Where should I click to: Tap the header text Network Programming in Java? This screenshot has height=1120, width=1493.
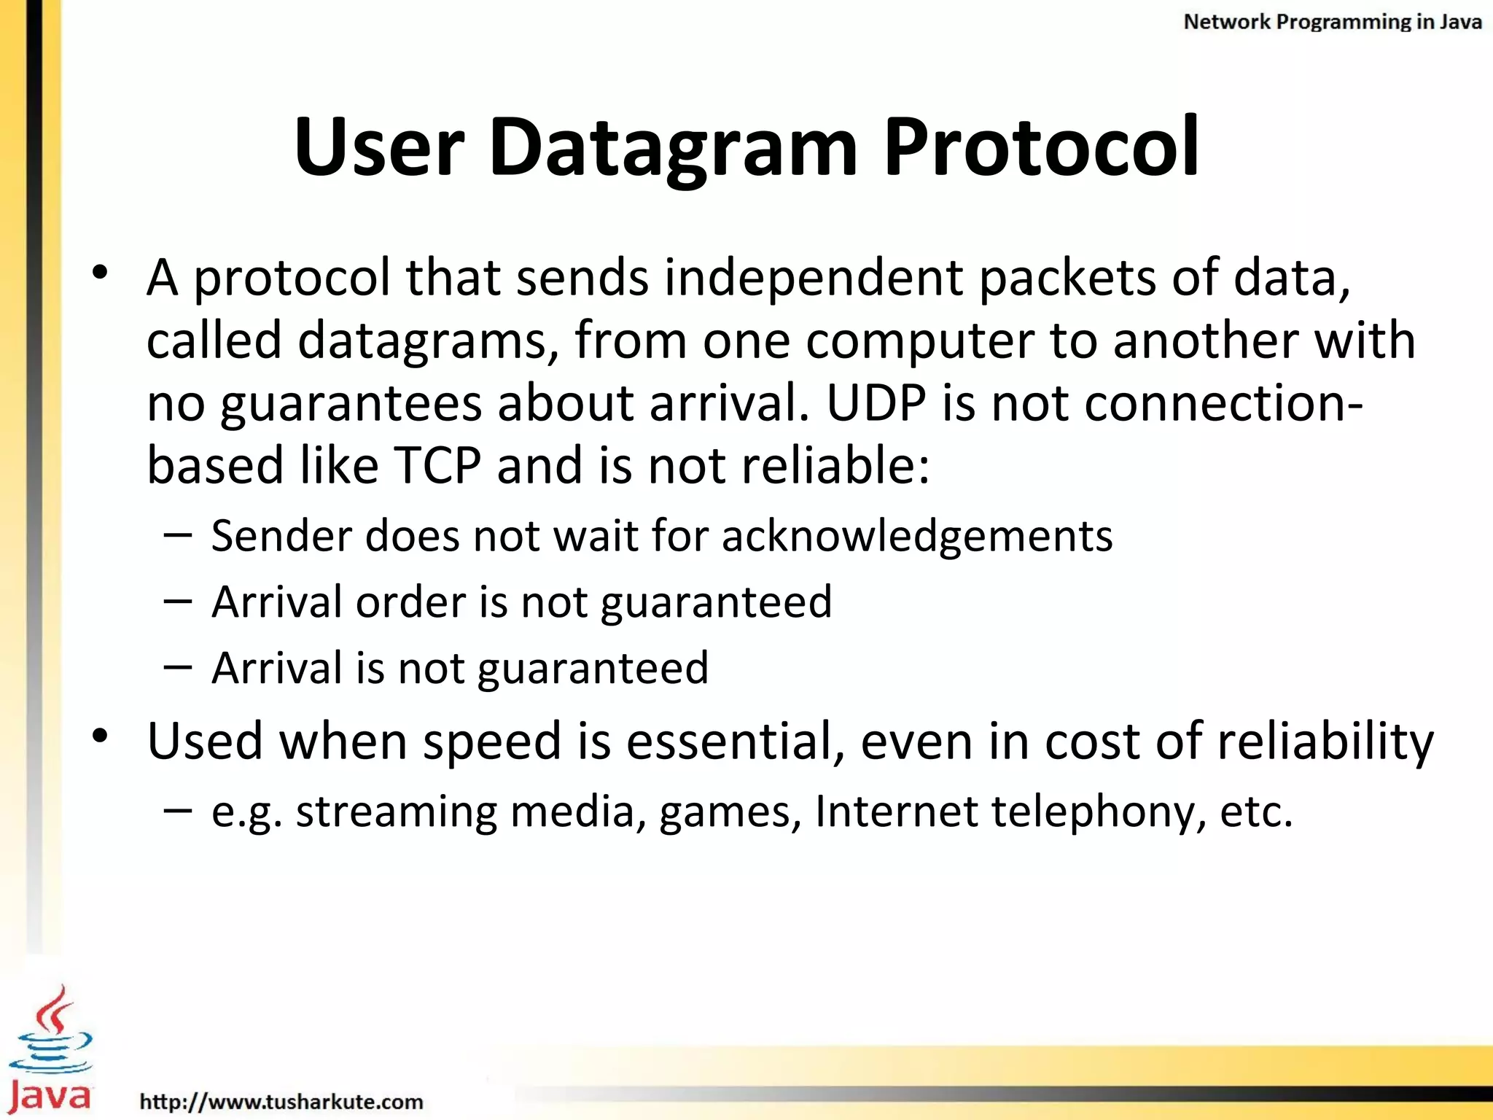(x=1332, y=22)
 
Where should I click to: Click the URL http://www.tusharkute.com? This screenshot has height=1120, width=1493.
(x=281, y=1101)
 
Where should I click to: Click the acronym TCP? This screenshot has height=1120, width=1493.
(x=437, y=465)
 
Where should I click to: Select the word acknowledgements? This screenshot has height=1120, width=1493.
(x=917, y=537)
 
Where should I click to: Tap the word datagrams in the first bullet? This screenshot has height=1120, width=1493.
(x=422, y=341)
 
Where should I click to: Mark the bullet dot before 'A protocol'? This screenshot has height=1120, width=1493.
(x=101, y=273)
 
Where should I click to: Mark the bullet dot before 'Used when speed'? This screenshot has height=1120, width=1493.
(x=101, y=736)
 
